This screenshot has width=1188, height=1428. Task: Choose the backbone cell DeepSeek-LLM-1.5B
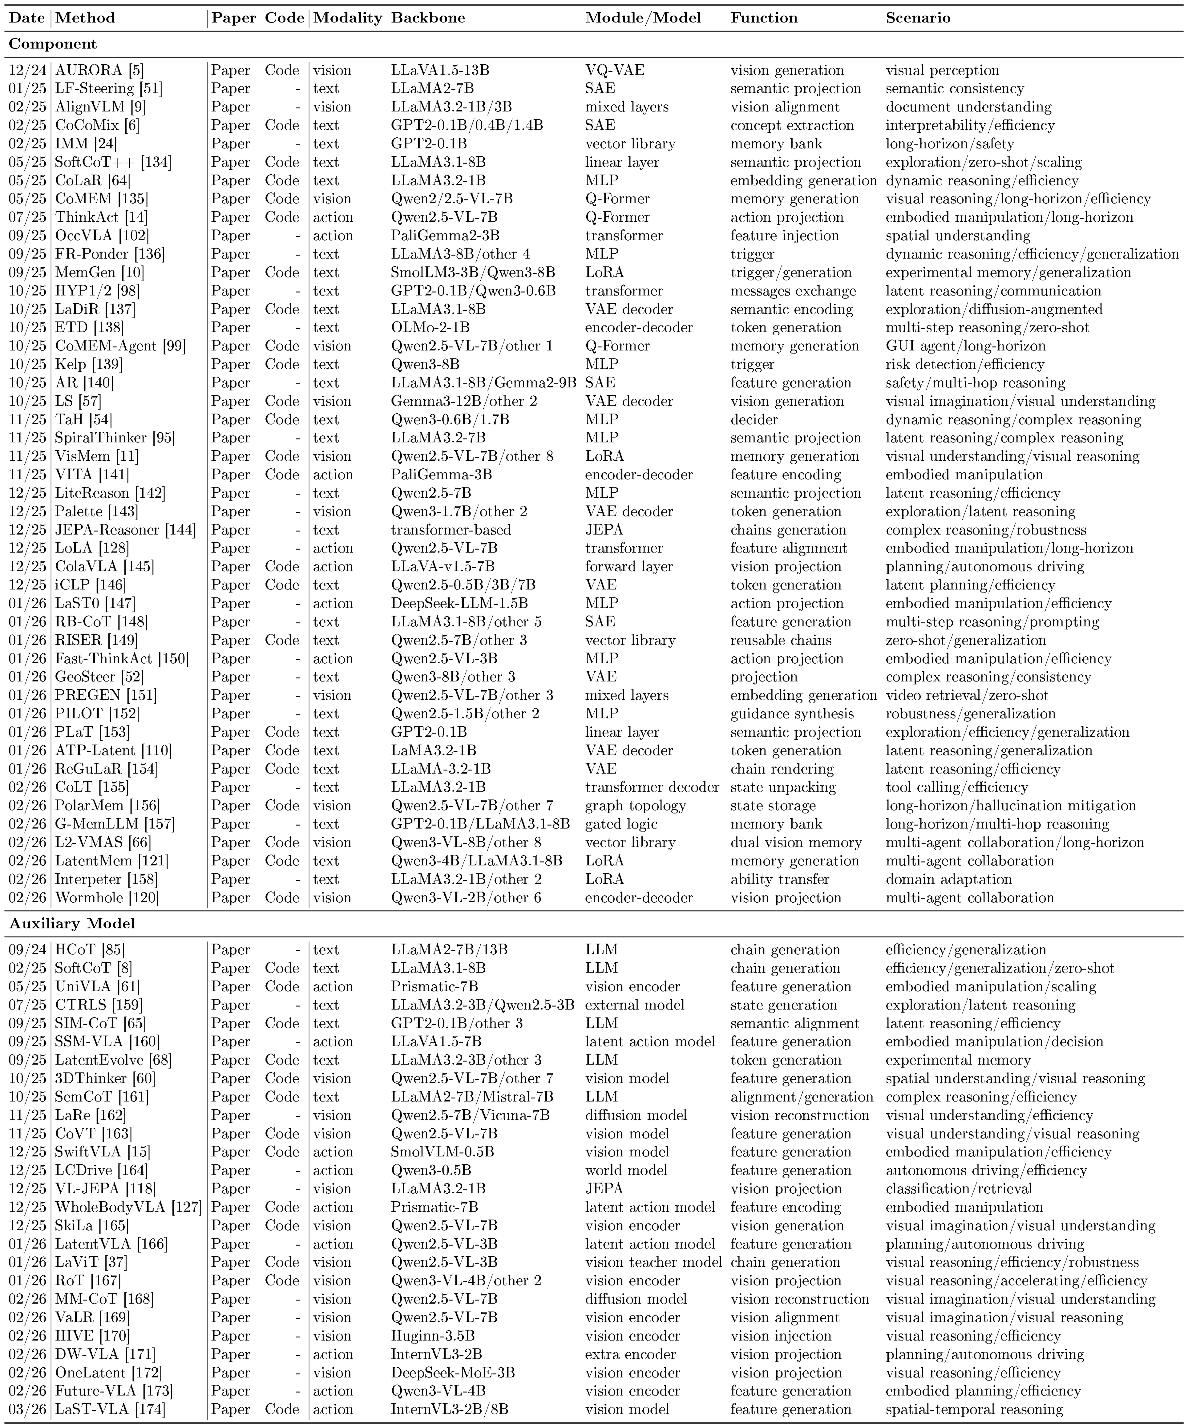click(459, 603)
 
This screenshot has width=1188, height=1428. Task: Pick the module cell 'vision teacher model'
click(653, 1262)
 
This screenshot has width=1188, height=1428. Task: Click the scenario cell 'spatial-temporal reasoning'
click(974, 1409)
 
